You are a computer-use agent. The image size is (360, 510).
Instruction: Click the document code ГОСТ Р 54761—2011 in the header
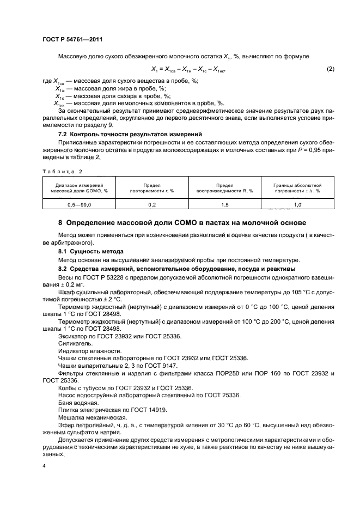pyautogui.click(x=72, y=40)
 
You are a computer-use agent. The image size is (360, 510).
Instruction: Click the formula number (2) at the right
pyautogui.click(x=330, y=69)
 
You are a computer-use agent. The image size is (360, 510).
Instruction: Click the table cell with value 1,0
pyautogui.click(x=297, y=204)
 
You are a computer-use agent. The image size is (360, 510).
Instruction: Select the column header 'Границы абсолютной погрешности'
pyautogui.click(x=297, y=188)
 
